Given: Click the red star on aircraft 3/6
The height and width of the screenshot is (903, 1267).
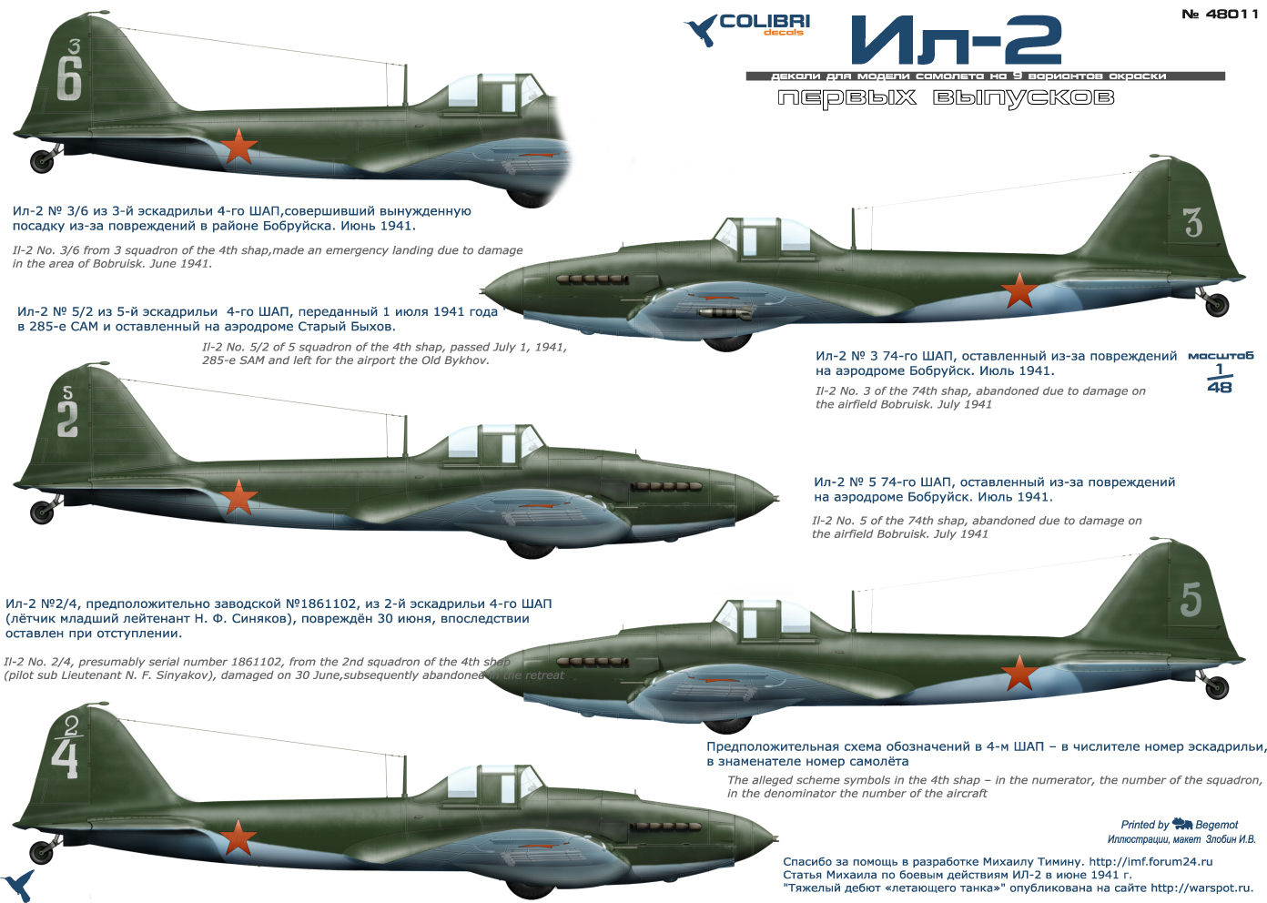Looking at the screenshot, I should [x=238, y=147].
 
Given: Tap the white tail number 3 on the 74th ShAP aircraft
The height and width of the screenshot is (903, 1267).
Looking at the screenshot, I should [x=1193, y=223].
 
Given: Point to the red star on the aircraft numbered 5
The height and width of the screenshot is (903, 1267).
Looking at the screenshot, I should [x=1019, y=674].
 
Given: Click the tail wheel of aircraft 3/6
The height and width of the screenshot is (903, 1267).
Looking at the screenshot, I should [x=42, y=162].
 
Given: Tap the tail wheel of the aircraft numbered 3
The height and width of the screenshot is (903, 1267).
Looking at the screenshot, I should [x=1217, y=305].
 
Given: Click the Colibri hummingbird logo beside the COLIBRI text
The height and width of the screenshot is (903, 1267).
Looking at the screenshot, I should [x=701, y=30].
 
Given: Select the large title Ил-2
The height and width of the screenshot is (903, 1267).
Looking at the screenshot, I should [x=956, y=41].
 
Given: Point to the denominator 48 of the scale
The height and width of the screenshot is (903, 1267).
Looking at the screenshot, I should [x=1219, y=387].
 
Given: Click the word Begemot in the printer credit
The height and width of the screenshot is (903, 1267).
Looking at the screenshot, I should [x=1217, y=825].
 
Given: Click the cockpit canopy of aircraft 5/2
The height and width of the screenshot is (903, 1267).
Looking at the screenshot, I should [x=492, y=441].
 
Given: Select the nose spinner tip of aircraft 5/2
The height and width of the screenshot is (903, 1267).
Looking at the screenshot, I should [x=774, y=499].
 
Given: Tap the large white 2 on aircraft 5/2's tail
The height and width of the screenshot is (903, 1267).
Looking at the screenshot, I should [x=67, y=420].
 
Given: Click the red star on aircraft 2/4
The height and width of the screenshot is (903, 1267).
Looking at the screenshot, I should [x=238, y=837].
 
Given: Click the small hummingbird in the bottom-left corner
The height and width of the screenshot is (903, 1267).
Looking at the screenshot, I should [x=18, y=886].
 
